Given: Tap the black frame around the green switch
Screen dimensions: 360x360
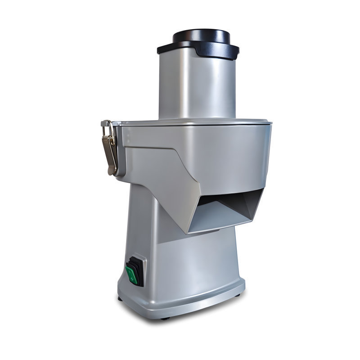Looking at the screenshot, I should [140, 263].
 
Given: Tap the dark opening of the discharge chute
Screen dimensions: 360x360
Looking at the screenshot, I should [225, 198].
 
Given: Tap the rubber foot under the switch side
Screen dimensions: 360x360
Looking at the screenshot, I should [120, 298].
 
